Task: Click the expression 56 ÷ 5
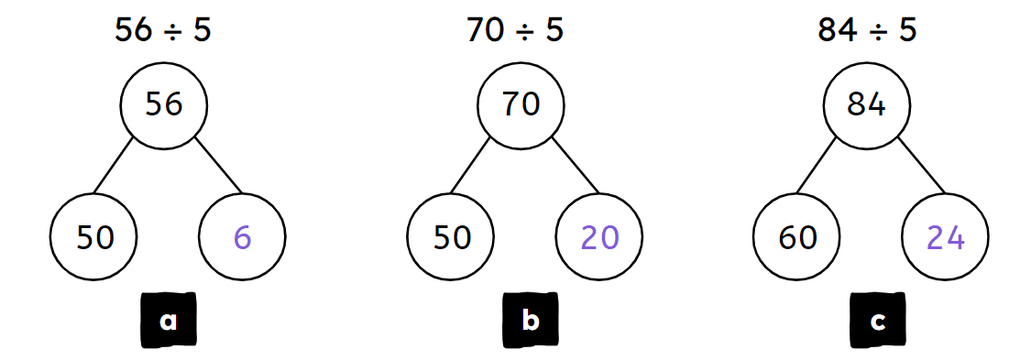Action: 163,30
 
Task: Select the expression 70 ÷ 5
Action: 515,30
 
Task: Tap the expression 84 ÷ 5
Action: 867,30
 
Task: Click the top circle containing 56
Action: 164,104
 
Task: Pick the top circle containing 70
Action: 521,104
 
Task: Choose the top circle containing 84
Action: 867,104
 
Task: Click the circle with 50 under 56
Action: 94,238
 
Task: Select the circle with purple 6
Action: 242,238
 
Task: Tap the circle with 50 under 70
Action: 451,238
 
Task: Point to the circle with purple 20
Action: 599,238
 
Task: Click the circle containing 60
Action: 797,238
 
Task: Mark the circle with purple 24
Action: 945,238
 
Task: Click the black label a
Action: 168,322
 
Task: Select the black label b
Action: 530,322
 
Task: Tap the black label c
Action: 877,322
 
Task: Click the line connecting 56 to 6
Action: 217,166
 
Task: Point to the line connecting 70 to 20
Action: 574,166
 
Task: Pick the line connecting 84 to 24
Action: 920,166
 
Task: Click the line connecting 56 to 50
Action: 115,166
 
